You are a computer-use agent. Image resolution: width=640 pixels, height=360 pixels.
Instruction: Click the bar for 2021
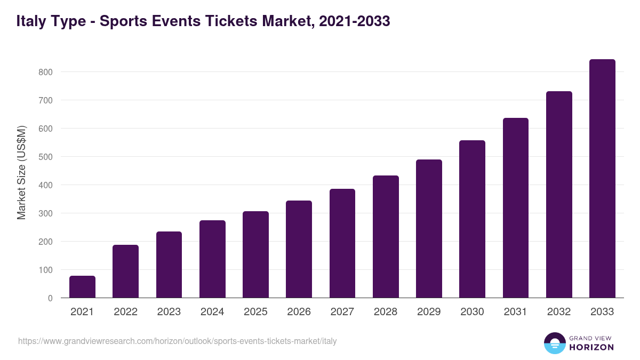[x=82, y=287]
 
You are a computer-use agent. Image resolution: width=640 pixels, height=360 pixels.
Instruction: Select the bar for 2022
[x=125, y=271]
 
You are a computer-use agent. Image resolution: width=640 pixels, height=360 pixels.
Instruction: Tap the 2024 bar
[x=212, y=259]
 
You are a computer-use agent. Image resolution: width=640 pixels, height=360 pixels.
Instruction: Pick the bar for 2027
[x=342, y=243]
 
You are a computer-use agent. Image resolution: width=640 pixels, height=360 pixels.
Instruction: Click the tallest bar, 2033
[x=602, y=179]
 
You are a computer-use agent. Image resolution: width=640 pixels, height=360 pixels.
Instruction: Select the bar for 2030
[x=472, y=219]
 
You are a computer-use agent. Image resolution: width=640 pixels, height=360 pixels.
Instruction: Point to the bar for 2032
[x=559, y=195]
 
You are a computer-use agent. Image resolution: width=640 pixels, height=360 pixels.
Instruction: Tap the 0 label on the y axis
[x=50, y=298]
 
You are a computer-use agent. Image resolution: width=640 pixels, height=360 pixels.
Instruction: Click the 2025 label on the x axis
[x=255, y=312]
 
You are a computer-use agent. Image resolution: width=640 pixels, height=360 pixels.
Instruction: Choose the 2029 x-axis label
[x=429, y=312]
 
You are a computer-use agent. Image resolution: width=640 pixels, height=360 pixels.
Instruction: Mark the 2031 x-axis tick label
[x=515, y=312]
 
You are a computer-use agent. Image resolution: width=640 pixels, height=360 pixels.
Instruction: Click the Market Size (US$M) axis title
[x=22, y=172]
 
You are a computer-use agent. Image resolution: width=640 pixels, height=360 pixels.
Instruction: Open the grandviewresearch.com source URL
[x=177, y=341]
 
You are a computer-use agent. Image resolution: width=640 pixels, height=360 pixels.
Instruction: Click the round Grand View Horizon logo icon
[x=554, y=343]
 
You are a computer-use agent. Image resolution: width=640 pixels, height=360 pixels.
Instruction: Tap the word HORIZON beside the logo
[x=591, y=347]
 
